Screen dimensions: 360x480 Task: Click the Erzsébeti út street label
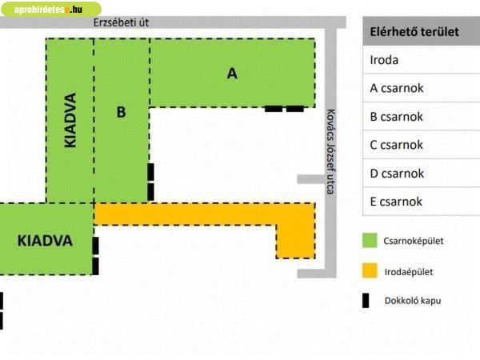(x=121, y=22)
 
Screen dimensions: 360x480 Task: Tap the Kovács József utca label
(x=329, y=153)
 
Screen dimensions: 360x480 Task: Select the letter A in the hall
(x=232, y=74)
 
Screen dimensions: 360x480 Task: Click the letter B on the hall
(x=121, y=112)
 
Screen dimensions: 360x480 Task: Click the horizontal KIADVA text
(x=45, y=240)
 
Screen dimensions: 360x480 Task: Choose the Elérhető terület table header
(x=413, y=32)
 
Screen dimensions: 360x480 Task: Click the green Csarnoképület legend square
(x=369, y=241)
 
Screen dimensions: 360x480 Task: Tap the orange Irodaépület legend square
(x=369, y=271)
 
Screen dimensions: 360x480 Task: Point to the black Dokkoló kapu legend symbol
(x=366, y=301)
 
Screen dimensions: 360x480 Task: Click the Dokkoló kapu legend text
(x=412, y=301)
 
